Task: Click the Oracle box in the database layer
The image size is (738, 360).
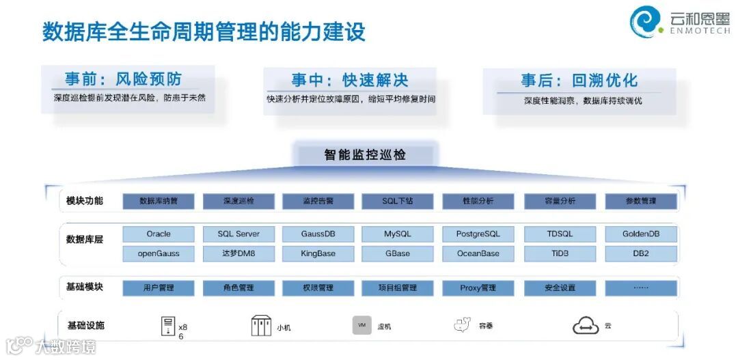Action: (x=159, y=234)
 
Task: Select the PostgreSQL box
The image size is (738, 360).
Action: (x=478, y=234)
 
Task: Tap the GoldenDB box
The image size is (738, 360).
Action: (x=641, y=234)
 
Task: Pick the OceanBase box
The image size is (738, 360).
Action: (x=478, y=253)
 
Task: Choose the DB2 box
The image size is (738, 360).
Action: (x=641, y=253)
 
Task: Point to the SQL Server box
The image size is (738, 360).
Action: (x=238, y=234)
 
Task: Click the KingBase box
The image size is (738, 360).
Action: (x=318, y=253)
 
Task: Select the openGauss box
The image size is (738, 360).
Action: (x=159, y=253)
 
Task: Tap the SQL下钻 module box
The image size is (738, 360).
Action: (x=398, y=202)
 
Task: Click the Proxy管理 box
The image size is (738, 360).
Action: (x=478, y=288)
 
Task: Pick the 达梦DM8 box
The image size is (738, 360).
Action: (x=238, y=253)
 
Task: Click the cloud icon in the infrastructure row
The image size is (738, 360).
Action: (x=586, y=327)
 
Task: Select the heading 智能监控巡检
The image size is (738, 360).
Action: (x=365, y=155)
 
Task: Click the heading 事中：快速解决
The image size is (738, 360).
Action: (x=350, y=81)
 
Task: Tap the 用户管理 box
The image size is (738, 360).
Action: (x=159, y=288)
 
